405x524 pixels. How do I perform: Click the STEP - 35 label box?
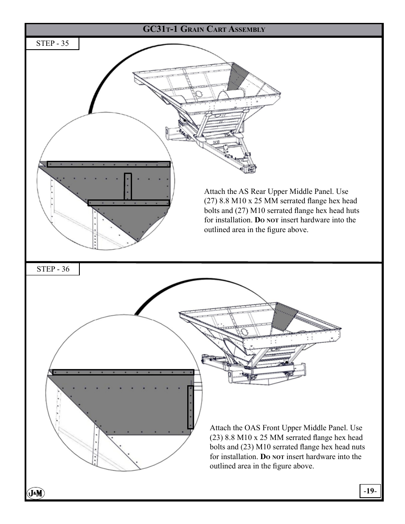53,44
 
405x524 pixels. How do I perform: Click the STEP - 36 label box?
53,269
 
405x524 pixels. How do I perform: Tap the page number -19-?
370,491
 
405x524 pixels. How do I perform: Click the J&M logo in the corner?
36,493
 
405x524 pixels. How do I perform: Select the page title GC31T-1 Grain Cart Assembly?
204,30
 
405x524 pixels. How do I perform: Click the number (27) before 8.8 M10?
211,201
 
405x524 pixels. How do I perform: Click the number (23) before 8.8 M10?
216,437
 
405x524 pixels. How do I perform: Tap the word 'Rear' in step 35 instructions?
259,191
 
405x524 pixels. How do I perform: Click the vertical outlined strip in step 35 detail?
128,186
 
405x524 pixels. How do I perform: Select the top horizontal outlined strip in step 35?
108,164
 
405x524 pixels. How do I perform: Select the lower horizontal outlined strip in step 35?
129,203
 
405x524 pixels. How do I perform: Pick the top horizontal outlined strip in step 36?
123,372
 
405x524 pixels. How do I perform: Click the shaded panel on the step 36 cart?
284,316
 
